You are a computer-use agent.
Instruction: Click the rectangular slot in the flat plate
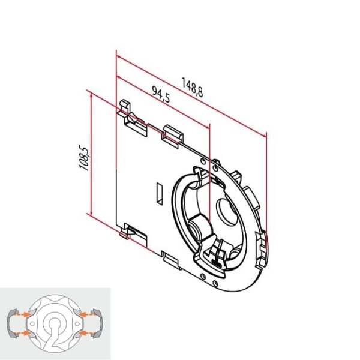pyautogui.click(x=158, y=193)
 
